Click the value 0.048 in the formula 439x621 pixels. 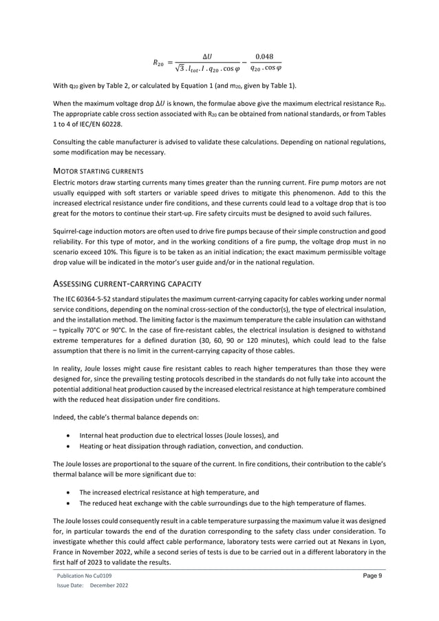pyautogui.click(x=264, y=56)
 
